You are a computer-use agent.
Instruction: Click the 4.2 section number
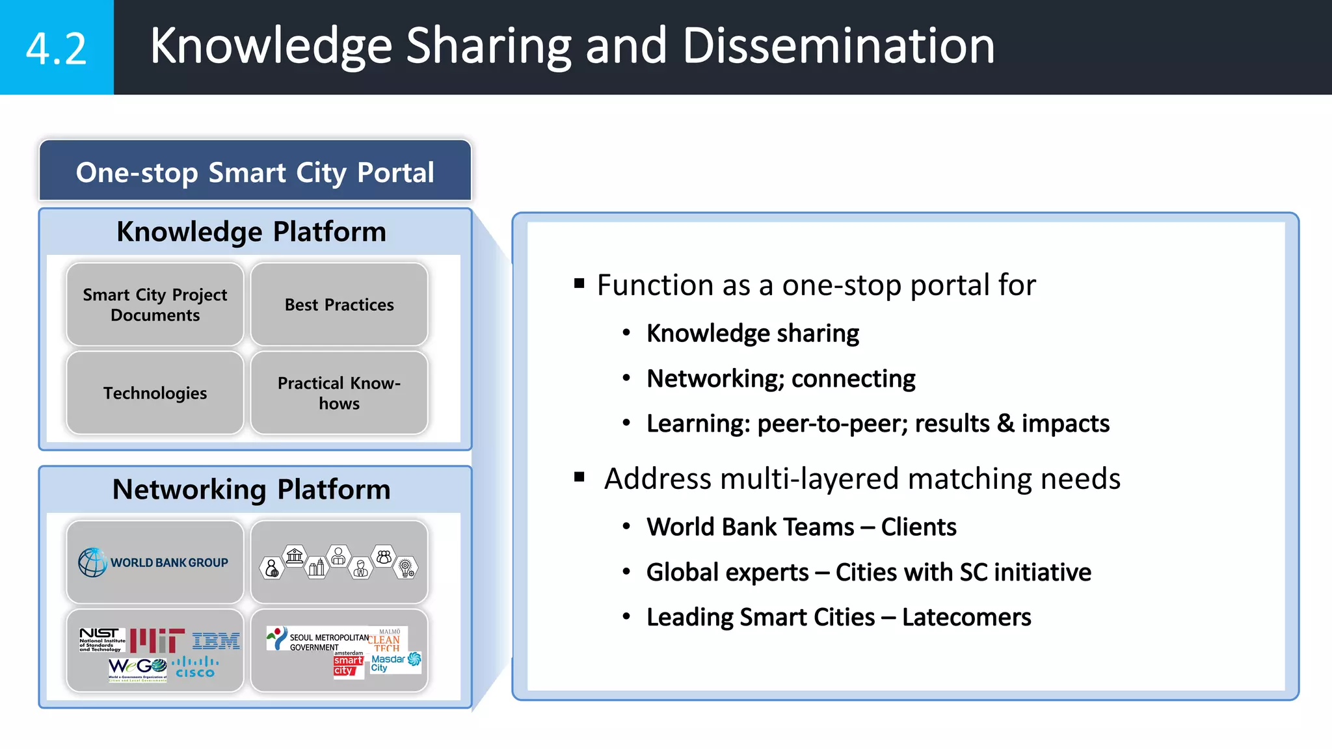(x=56, y=48)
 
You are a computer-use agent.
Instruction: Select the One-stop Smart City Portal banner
(x=255, y=172)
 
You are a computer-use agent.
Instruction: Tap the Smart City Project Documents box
(x=155, y=304)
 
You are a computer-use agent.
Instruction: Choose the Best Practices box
(x=339, y=304)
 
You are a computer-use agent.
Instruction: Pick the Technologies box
(x=155, y=393)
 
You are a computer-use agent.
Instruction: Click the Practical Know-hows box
(x=339, y=393)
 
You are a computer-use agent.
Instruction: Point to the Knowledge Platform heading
(x=251, y=231)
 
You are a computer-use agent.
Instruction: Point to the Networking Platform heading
(x=251, y=489)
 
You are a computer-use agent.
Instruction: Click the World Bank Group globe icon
(x=92, y=562)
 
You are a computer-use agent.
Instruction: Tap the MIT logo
(x=157, y=640)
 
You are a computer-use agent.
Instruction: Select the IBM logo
(x=216, y=641)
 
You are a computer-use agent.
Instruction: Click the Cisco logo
(x=195, y=668)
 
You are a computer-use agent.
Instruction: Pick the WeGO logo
(x=137, y=668)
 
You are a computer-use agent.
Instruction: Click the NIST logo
(x=101, y=638)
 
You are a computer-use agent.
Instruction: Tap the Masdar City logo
(x=395, y=663)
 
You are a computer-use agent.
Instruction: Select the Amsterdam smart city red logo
(x=347, y=665)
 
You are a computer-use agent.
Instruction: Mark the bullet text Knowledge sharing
(x=753, y=334)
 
